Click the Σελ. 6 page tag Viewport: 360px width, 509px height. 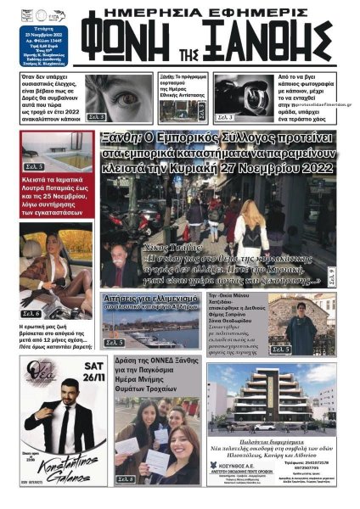click(32, 313)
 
